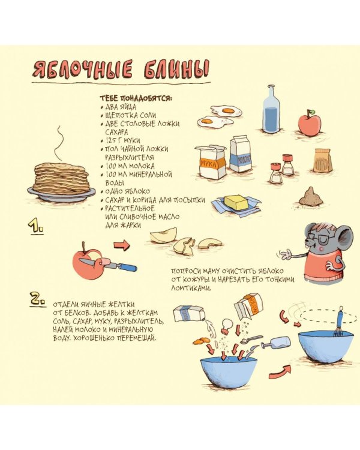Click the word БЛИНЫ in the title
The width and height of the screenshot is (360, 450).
pyautogui.click(x=176, y=70)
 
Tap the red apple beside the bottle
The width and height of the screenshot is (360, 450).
pyautogui.click(x=309, y=123)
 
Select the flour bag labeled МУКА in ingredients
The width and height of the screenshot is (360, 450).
pyautogui.click(x=211, y=161)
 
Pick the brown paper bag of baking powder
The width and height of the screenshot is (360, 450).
pyautogui.click(x=323, y=160)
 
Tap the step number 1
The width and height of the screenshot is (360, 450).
pyautogui.click(x=35, y=226)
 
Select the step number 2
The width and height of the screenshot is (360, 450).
pyautogui.click(x=38, y=299)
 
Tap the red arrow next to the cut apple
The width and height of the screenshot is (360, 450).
pyautogui.click(x=122, y=245)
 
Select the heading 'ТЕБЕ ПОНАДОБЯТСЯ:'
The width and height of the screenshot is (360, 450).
pyautogui.click(x=136, y=98)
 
